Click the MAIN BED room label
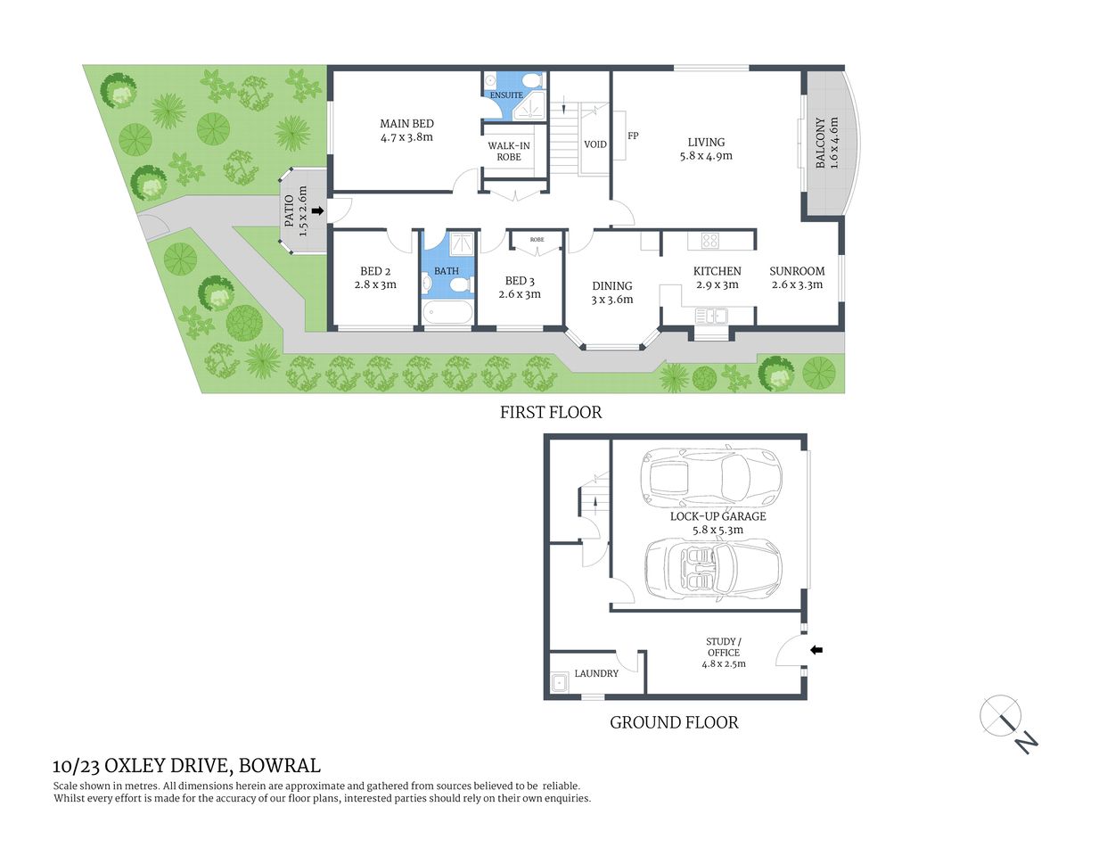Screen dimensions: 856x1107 pos(406,124)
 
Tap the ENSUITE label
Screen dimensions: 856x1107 pos(506,95)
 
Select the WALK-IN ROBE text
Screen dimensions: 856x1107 pos(509,152)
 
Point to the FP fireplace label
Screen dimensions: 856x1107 pos(633,136)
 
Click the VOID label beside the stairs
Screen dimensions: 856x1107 pos(594,144)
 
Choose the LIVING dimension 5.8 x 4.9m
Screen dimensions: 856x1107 pos(706,156)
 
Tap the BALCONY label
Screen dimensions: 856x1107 pos(821,143)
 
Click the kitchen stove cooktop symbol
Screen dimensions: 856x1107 pos(709,240)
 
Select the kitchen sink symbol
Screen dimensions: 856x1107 pos(711,316)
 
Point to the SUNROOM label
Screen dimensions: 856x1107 pos(797,271)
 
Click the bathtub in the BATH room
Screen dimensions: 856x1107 pos(447,312)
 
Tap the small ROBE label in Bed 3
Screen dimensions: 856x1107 pos(537,240)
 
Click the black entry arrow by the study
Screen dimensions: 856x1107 pos(816,651)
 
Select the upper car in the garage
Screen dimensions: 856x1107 pos(710,476)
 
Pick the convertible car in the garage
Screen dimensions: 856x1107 pos(712,568)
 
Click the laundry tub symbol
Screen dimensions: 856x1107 pos(561,683)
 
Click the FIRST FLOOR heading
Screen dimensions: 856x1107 pos(550,412)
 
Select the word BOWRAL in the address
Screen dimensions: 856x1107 pos(280,765)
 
